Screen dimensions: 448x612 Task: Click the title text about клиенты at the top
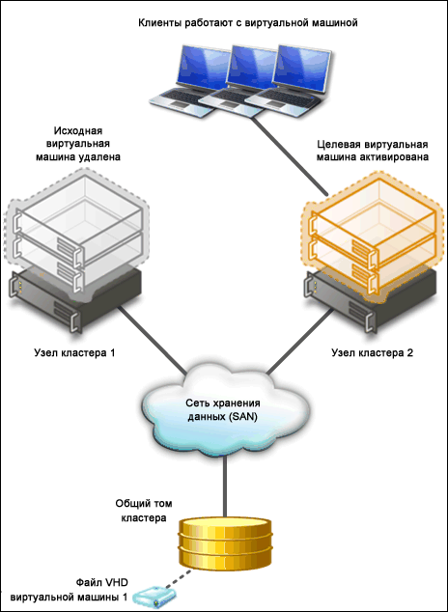(x=248, y=23)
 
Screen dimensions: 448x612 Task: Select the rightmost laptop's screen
(x=301, y=70)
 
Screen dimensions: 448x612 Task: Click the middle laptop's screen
(x=251, y=68)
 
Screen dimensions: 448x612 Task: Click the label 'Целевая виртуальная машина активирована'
(x=373, y=151)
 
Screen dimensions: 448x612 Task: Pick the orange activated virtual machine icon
(x=373, y=237)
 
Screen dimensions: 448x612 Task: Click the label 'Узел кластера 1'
(x=74, y=353)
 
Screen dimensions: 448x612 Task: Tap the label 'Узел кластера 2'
(x=373, y=353)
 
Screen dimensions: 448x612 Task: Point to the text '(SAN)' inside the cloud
(x=242, y=417)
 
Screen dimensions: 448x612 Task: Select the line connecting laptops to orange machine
(x=289, y=155)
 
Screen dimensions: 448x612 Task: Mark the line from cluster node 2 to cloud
(x=300, y=341)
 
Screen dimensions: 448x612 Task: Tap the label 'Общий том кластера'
(x=144, y=511)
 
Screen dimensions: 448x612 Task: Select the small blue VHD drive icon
(x=154, y=597)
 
